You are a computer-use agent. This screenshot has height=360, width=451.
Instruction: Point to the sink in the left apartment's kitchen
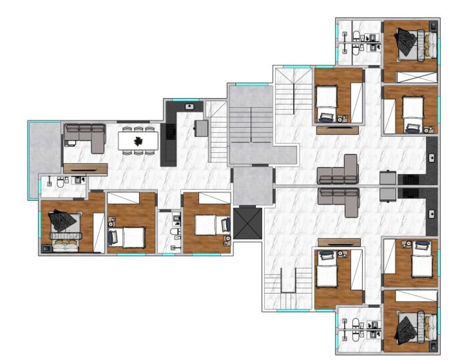click(x=190, y=106)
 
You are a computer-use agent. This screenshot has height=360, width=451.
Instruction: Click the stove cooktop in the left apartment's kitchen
click(x=170, y=131)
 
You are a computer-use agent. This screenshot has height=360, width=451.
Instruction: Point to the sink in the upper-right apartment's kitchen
click(x=432, y=157)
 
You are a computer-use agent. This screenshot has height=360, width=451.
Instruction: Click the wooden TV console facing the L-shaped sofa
click(x=85, y=168)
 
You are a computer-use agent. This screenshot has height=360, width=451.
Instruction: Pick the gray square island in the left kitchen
click(x=201, y=128)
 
